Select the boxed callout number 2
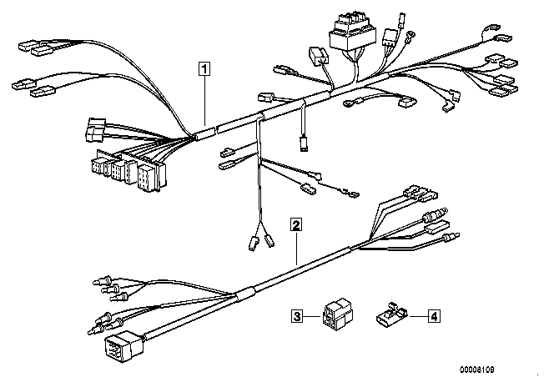pos(295,224)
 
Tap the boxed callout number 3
pos(296,315)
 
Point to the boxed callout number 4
pos(433,315)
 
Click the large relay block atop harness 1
pos(350,33)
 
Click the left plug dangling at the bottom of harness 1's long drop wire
pos(251,244)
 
